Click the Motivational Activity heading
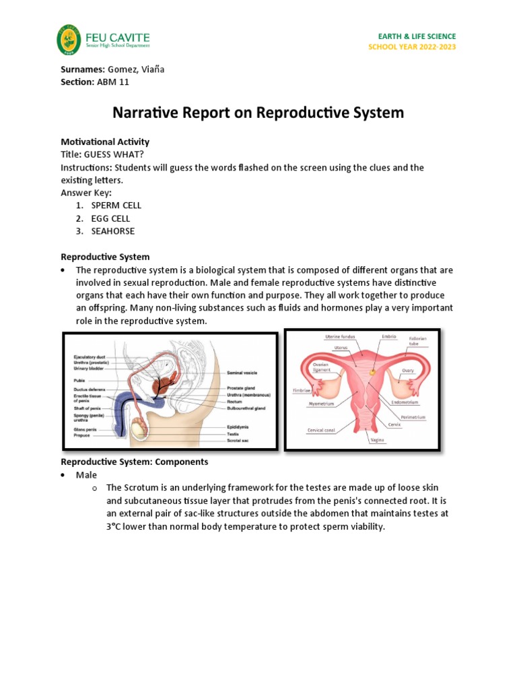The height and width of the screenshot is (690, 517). point(105,142)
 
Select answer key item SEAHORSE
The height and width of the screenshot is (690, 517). point(113,231)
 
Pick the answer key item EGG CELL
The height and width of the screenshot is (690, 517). point(111,218)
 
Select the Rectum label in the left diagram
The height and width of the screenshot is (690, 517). point(236,401)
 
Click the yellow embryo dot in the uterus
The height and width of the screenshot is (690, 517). point(372,370)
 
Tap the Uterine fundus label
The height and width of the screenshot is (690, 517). point(340,336)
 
